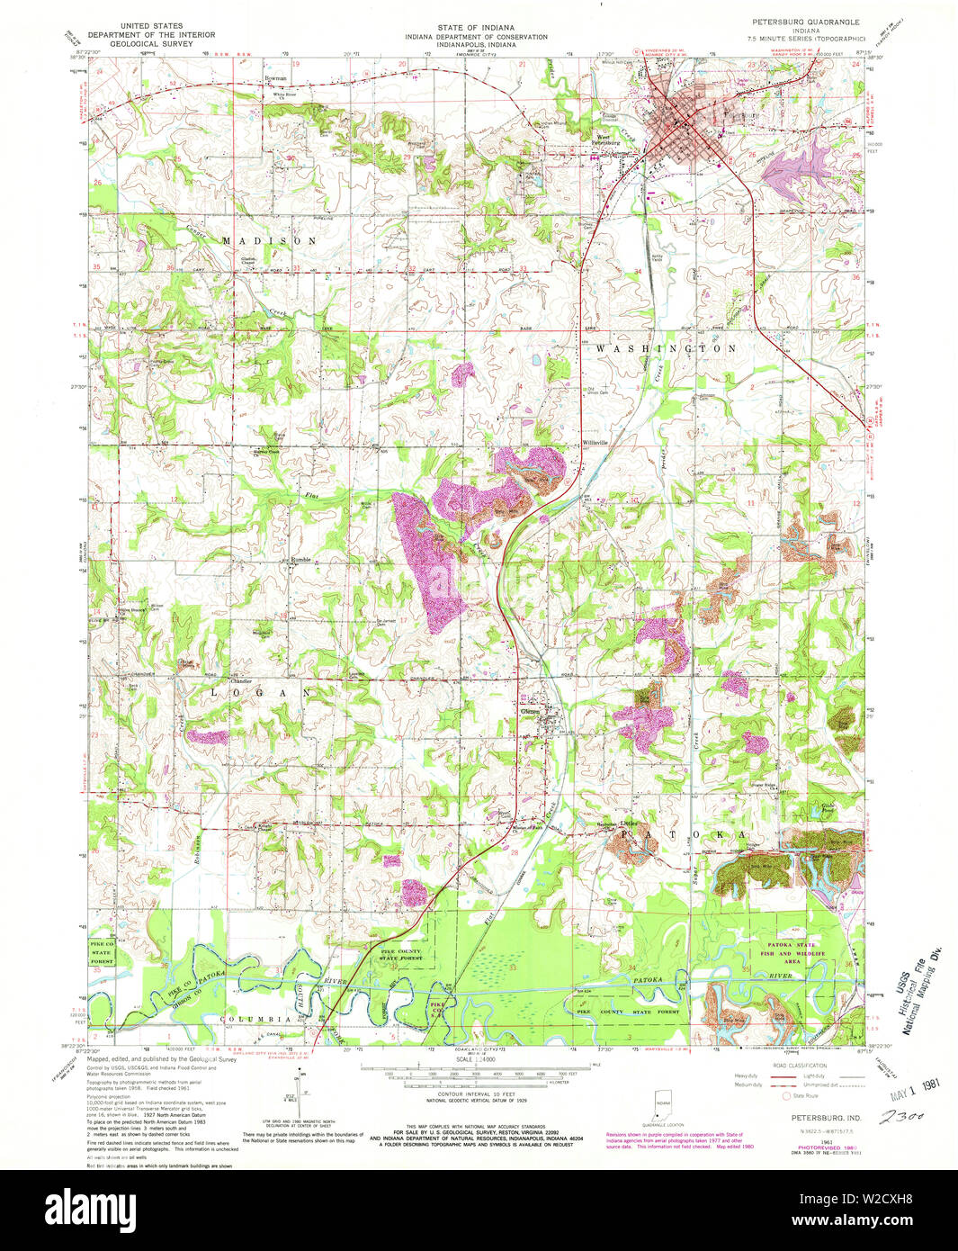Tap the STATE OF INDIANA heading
coord(476,28)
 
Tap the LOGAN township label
coord(261,693)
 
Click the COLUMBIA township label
coord(258,1019)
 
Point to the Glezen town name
coord(531,712)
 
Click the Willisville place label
coord(595,443)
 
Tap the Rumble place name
coord(300,560)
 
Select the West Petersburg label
coord(607,140)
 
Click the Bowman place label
coord(275,79)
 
